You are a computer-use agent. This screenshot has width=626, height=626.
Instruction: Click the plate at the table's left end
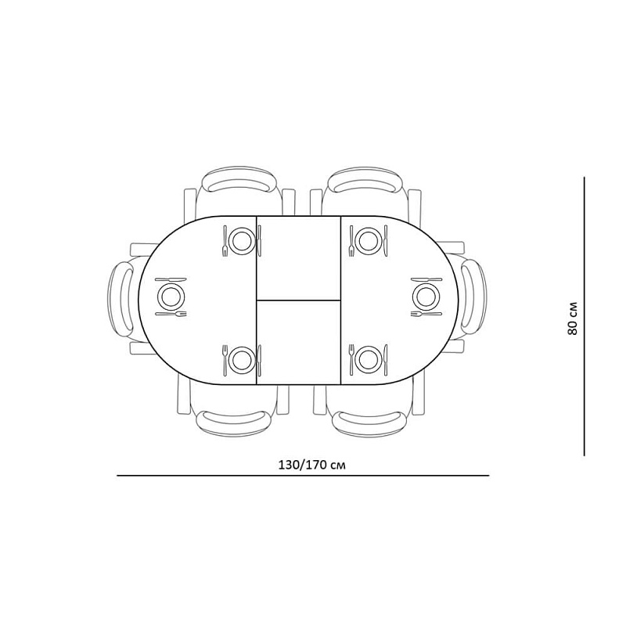point(171,297)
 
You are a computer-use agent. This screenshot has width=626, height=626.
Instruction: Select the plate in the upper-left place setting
point(243,239)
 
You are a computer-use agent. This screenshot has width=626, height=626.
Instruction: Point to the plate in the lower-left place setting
point(243,360)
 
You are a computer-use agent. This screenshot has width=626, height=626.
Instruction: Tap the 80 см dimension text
point(573,318)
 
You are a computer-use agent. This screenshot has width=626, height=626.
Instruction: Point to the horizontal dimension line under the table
point(303,476)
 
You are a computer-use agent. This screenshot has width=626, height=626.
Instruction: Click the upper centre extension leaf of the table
point(298,257)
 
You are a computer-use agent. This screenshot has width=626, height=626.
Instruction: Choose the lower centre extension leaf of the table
point(298,342)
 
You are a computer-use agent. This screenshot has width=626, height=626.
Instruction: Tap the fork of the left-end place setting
point(171,314)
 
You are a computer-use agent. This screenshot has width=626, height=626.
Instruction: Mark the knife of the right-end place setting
point(426,279)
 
